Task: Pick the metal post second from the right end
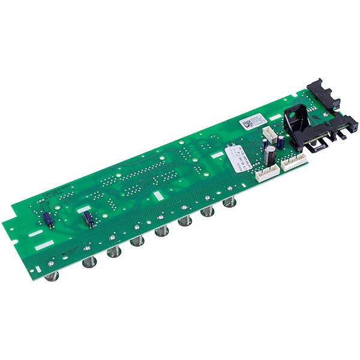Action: tap(208, 212)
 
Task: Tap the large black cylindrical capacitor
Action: tap(272, 154)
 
